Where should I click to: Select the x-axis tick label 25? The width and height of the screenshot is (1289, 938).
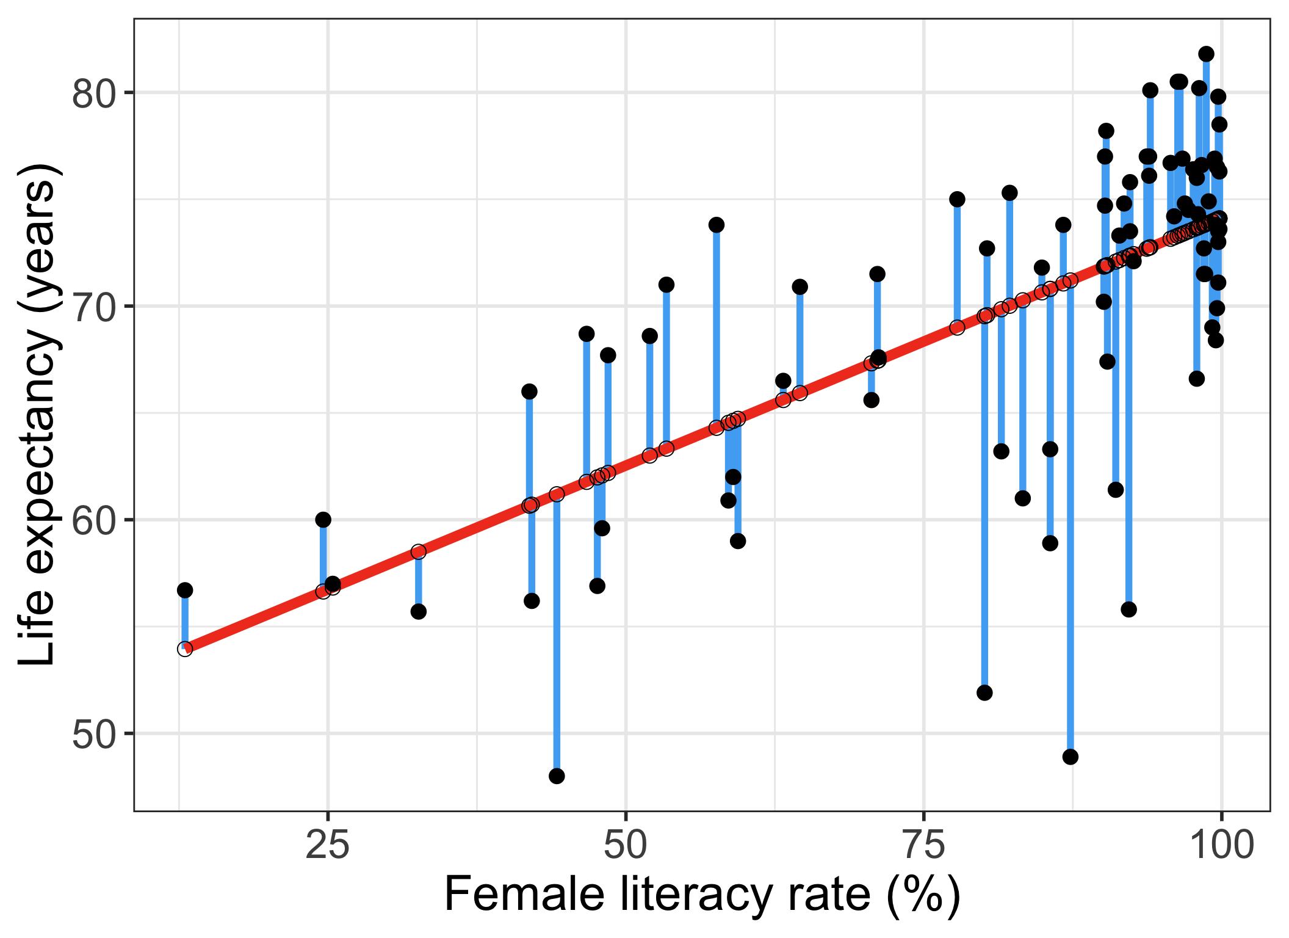328,845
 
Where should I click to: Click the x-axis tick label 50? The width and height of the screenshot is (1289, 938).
626,845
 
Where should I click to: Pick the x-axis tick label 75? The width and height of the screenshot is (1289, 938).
923,845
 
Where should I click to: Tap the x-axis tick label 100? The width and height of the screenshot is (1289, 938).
1221,845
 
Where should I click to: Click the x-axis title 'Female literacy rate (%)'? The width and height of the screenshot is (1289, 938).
702,895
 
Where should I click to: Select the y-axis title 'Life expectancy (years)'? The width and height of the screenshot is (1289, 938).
38,415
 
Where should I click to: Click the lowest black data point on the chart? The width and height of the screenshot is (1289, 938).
557,776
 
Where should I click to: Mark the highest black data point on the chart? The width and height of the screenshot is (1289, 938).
1206,54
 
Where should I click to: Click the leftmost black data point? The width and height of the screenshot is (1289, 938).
185,590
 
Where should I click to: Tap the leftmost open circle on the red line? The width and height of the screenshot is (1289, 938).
185,649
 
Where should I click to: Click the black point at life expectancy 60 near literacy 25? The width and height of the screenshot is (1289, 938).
323,520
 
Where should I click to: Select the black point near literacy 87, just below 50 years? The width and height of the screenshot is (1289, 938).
1070,757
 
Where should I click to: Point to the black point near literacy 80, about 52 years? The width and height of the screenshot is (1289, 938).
984,693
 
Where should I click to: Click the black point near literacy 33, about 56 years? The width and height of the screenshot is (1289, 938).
418,611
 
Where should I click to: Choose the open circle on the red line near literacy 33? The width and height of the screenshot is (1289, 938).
418,551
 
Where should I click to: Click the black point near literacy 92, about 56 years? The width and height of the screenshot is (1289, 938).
1128,609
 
